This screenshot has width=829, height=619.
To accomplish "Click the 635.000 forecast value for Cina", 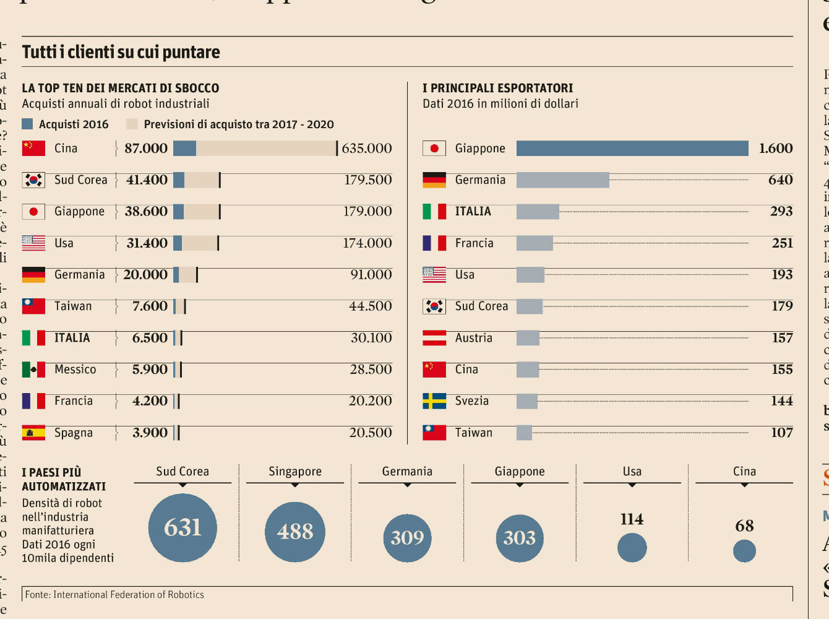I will (366, 149).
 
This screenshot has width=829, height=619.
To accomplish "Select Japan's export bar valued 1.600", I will (632, 149).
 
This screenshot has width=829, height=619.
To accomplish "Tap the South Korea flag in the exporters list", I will (434, 306).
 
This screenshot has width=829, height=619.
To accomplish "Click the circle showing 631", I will (183, 528).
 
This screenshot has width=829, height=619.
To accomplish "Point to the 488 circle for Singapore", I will (295, 532).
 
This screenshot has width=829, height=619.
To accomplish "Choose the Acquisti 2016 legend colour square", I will (27, 124).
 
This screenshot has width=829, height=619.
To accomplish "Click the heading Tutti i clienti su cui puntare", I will (121, 52).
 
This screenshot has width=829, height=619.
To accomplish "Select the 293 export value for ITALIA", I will (781, 212).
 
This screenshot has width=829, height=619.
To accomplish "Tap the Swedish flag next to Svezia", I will (434, 401).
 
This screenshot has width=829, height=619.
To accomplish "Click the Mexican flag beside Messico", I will (33, 370).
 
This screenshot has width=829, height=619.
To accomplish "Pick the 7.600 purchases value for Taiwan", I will (150, 306).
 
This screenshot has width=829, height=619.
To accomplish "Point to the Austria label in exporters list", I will (473, 338).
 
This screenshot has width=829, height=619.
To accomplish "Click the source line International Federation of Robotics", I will (114, 595).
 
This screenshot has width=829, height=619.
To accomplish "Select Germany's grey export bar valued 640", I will (562, 180).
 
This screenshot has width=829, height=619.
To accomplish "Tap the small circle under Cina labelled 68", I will (744, 550).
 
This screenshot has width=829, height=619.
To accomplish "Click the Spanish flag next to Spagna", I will (33, 433).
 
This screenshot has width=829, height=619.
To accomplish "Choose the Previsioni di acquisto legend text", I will (238, 124).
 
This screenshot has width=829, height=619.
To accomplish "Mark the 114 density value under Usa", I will (632, 519).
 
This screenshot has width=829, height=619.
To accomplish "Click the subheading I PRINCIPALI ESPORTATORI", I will (497, 88).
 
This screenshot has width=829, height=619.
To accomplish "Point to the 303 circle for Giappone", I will (519, 537).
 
